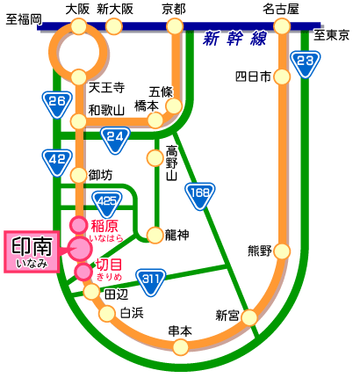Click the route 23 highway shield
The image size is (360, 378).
tap(306, 64)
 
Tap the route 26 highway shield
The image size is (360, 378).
tap(57, 105)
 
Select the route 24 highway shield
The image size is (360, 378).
tap(115, 140)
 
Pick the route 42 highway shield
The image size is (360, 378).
tap(57, 163)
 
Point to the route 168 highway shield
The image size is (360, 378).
tap(200, 196)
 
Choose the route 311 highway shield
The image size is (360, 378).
tap(151, 282)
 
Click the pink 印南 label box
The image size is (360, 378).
tap(32, 252)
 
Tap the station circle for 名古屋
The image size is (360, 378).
tap(282, 26)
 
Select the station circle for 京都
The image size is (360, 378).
tap(175, 26)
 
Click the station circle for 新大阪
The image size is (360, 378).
tap(114, 26)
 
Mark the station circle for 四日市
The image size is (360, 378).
tap(282, 76)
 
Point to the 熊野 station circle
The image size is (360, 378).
tap(282, 251)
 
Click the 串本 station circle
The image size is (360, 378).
tap(181, 347)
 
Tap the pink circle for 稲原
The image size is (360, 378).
tap(78, 225)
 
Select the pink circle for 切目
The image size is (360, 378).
tap(83, 272)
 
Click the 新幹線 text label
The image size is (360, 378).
tap(235, 39)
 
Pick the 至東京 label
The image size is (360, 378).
tap(332, 36)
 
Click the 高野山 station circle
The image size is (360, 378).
tap(155, 158)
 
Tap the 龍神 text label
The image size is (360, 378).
tap(177, 235)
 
